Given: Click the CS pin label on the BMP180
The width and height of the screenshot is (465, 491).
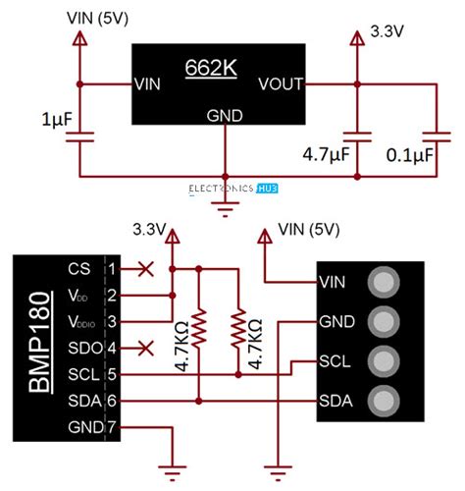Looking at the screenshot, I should pos(79,267).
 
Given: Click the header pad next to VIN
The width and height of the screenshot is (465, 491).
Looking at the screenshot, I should pos(383,282).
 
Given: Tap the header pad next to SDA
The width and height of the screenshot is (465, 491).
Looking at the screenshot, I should pos(383,400).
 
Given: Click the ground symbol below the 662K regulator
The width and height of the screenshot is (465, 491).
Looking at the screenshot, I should pos(227,205).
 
